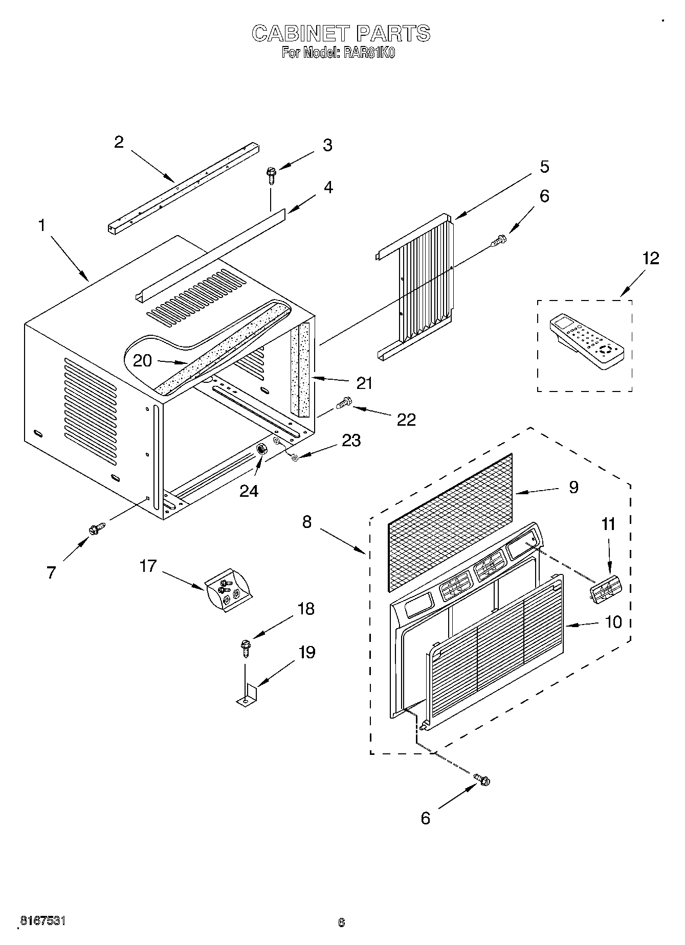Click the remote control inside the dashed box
click(587, 341)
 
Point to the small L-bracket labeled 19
click(248, 695)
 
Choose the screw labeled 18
click(245, 648)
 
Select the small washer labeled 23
click(295, 457)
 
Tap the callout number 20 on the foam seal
click(142, 361)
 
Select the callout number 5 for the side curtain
click(544, 167)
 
